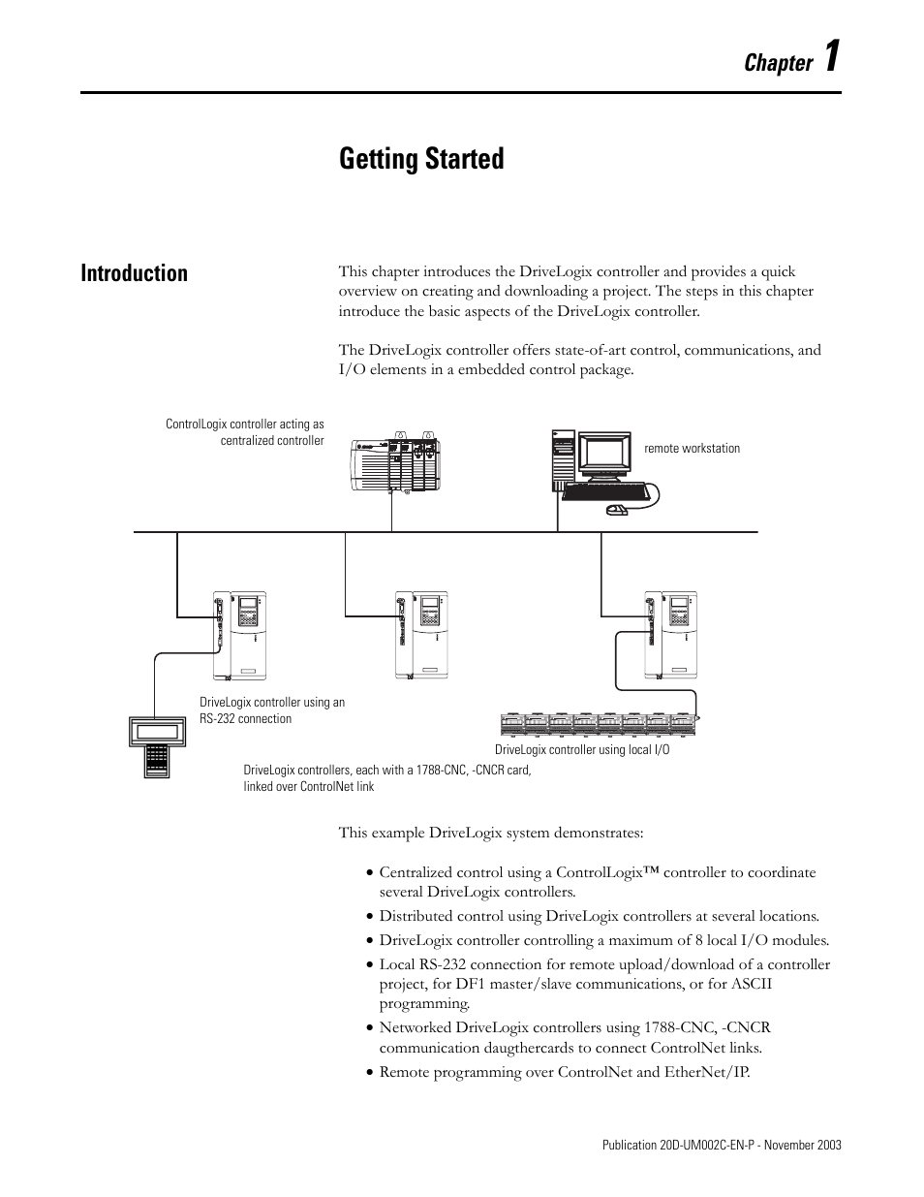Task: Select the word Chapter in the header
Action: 779,63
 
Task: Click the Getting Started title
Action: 421,159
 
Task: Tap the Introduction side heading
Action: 135,273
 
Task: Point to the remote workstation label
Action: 692,449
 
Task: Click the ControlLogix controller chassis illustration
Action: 394,464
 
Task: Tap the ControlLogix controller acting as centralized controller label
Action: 245,432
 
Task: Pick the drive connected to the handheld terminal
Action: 239,635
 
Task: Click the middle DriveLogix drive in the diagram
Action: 421,635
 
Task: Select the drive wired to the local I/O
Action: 670,635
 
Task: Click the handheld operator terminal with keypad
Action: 155,743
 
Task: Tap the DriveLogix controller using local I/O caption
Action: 582,749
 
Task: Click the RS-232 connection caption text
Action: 271,710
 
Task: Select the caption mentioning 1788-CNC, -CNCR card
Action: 386,777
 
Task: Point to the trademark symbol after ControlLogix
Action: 650,871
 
